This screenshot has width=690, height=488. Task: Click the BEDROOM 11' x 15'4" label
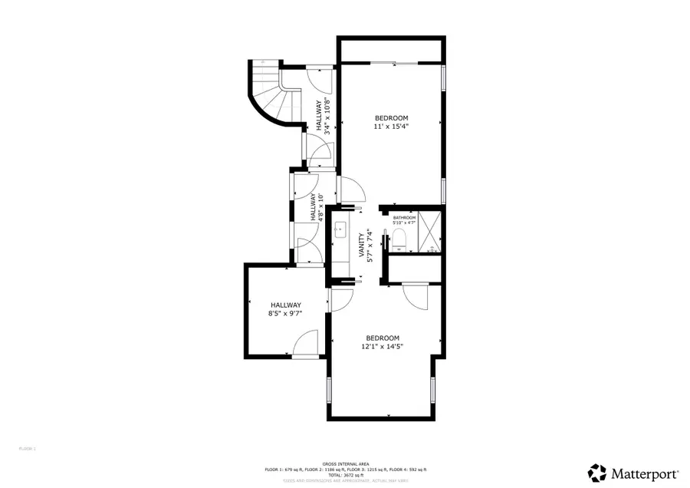[x=391, y=122]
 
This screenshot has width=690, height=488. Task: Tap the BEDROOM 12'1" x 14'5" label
[x=383, y=342]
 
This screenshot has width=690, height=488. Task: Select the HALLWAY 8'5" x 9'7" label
[x=285, y=309]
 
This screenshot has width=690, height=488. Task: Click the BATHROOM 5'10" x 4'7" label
[x=404, y=220]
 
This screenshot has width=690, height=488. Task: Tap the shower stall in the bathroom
[x=430, y=231]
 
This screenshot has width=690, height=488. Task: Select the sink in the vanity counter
[x=340, y=229]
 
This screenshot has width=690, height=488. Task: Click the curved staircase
[x=272, y=96]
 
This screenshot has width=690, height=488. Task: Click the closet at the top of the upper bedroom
[x=391, y=50]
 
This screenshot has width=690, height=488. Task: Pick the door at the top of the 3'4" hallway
[x=320, y=77]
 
